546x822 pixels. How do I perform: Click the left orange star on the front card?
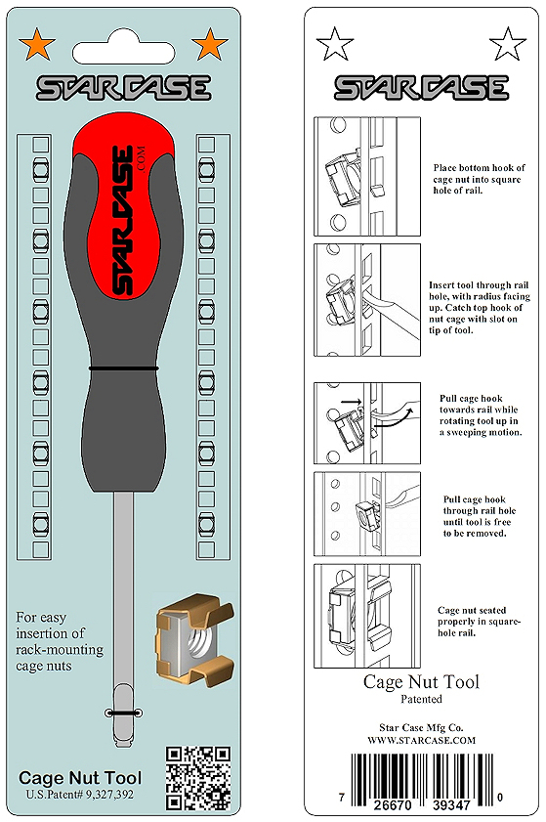[37, 44]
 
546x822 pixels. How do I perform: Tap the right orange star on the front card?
[210, 44]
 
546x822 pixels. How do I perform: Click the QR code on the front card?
[198, 778]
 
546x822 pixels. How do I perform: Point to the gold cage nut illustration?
[194, 639]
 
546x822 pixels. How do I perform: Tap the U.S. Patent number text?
[80, 795]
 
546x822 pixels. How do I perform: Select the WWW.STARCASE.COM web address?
[421, 740]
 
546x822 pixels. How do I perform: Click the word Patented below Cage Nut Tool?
[421, 699]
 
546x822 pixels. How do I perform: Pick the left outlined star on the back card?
[335, 44]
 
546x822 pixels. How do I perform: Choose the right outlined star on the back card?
[507, 44]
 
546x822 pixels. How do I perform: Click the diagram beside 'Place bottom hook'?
[367, 176]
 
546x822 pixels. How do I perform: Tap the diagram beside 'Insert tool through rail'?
[367, 300]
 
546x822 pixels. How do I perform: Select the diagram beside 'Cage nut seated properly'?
[367, 616]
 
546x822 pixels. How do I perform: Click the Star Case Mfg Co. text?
[421, 727]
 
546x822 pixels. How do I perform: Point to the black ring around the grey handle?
[124, 368]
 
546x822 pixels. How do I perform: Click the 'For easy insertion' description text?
[60, 641]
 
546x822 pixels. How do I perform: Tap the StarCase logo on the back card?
[421, 88]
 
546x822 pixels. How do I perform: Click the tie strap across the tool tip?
[124, 713]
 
